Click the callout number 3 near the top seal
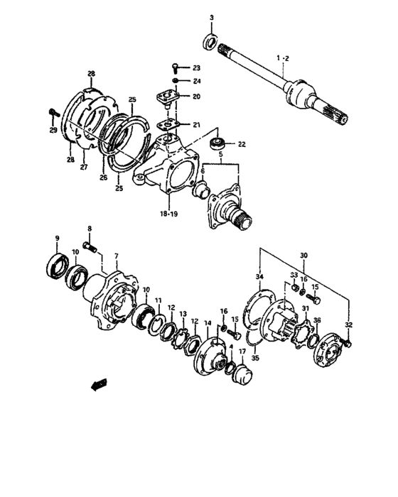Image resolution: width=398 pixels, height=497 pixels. click(210, 16)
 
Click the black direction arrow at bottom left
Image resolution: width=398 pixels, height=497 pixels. click(97, 384)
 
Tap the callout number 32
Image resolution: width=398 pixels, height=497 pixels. click(348, 324)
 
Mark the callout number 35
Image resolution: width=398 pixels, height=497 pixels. click(255, 359)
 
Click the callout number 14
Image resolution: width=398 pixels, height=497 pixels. click(208, 324)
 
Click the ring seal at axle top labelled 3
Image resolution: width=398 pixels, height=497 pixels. click(210, 40)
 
